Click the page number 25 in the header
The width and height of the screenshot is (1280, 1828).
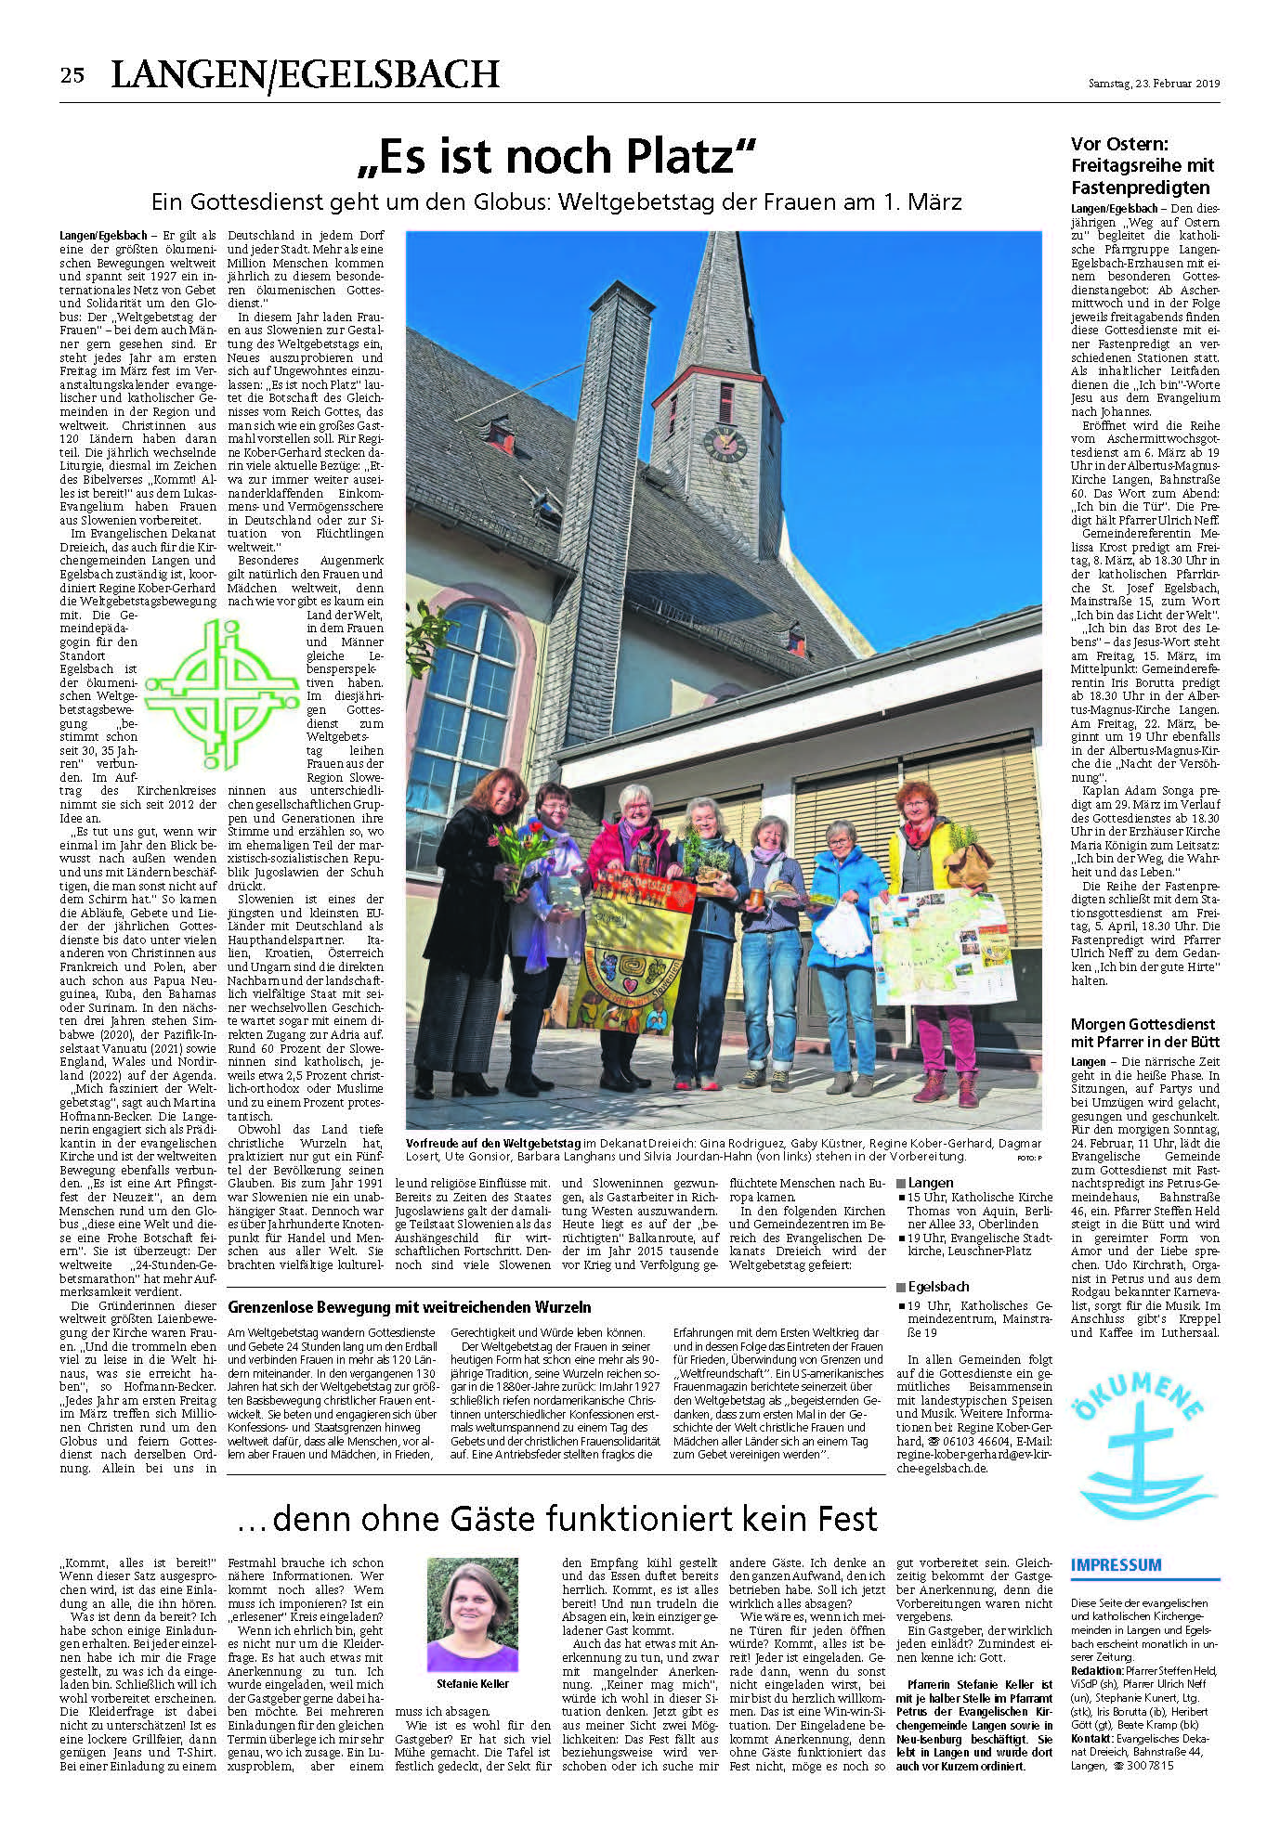pyautogui.click(x=72, y=75)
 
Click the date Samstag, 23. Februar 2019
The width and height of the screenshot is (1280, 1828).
pyautogui.click(x=1154, y=83)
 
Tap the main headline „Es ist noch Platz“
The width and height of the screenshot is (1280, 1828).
pyautogui.click(x=557, y=156)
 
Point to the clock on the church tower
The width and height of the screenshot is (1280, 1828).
pyautogui.click(x=725, y=442)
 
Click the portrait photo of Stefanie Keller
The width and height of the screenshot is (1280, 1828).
pyautogui.click(x=472, y=1614)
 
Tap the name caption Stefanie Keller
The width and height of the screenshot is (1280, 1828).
pyautogui.click(x=472, y=1683)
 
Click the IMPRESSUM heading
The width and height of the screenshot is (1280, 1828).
pyautogui.click(x=1116, y=1564)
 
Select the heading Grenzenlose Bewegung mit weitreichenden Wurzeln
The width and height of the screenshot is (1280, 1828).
pyautogui.click(x=410, y=1306)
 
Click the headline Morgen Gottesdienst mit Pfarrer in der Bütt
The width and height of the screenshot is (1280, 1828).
pyautogui.click(x=1144, y=1033)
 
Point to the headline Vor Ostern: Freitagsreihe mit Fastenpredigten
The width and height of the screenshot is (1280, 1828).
pyautogui.click(x=1143, y=165)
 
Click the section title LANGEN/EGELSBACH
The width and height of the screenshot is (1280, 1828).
pyautogui.click(x=306, y=75)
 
